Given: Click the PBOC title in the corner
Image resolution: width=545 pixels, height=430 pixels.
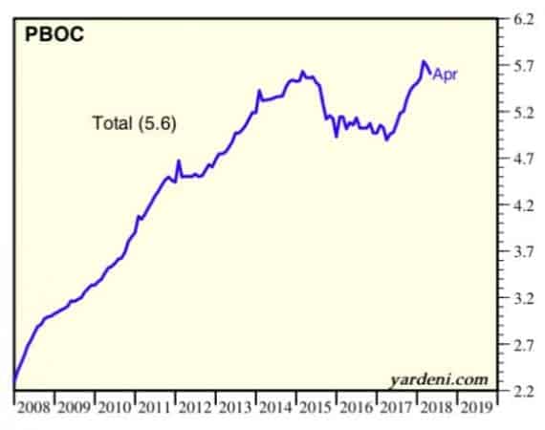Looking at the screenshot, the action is [54, 34].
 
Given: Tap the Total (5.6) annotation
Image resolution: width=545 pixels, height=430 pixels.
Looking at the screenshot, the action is [134, 123].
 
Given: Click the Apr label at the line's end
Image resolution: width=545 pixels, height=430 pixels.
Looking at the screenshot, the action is [445, 75].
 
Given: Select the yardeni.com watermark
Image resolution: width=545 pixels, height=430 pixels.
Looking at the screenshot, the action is [439, 379].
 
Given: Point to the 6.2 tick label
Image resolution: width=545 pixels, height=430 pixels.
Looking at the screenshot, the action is [523, 20].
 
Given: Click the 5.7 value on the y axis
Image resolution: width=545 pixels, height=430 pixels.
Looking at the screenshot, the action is [523, 66].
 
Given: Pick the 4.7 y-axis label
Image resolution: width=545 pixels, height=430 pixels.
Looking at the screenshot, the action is [523, 159].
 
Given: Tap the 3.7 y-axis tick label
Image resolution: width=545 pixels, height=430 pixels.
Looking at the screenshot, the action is [523, 252].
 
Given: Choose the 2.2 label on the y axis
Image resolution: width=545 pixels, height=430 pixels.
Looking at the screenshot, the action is [523, 392].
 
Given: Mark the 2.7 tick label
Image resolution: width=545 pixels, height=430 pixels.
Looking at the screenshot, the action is [523, 345].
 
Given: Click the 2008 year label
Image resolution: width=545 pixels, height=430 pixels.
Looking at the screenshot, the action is [33, 407].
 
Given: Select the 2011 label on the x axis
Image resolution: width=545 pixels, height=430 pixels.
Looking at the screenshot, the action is [155, 407].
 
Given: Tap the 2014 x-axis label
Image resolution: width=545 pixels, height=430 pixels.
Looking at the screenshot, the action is [275, 407].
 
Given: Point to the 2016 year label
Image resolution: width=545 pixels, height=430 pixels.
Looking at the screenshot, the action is [357, 407].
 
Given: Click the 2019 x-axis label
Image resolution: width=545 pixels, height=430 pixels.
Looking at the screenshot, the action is [477, 407].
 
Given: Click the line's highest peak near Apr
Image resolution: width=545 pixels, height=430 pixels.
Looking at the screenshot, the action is [424, 62].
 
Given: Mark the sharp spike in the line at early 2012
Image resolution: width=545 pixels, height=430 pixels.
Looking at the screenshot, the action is [179, 161].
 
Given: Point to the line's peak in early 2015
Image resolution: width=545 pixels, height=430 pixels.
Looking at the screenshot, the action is [302, 72].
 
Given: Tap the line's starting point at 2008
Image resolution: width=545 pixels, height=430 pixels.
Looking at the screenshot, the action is [14, 381].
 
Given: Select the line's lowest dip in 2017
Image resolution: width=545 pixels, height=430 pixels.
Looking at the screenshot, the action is [387, 140].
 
